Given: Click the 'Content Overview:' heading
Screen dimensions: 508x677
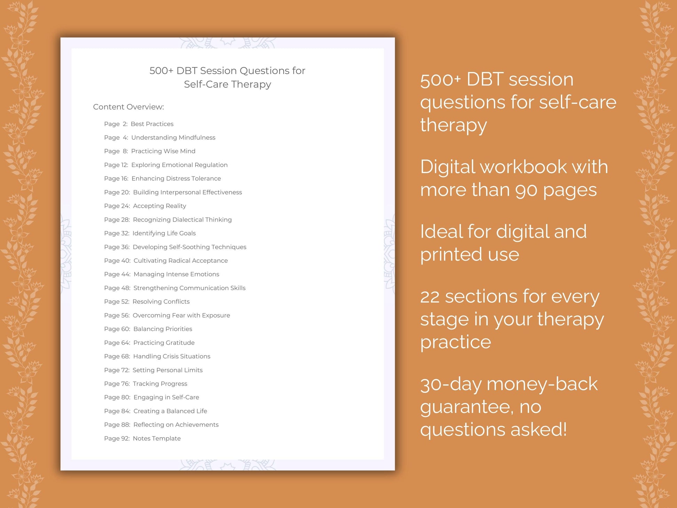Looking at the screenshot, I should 128,107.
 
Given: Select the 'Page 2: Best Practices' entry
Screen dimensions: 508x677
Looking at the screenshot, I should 138,124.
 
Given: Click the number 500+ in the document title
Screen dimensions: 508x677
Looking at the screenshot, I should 161,71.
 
